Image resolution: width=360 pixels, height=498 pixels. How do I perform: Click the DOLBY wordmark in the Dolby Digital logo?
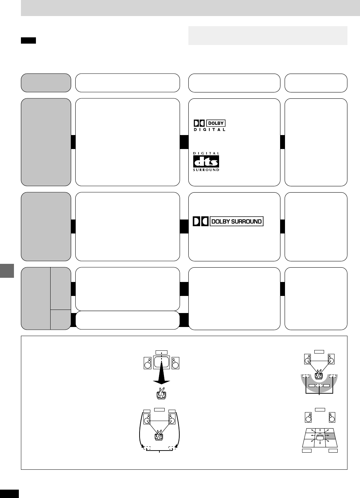click(x=216, y=123)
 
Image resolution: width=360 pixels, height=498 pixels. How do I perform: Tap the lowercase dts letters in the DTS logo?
click(x=206, y=161)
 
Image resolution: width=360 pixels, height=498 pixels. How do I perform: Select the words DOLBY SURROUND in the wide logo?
click(x=237, y=222)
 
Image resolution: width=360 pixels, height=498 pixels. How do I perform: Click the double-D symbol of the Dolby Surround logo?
click(x=200, y=222)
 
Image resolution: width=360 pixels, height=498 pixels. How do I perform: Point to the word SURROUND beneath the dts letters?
click(x=206, y=170)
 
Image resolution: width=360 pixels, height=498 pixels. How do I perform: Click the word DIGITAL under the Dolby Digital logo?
click(x=209, y=129)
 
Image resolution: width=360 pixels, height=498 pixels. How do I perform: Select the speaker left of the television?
click(x=148, y=363)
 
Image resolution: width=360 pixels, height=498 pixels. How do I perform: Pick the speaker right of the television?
click(x=175, y=363)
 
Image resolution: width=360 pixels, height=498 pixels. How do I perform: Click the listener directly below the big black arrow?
click(x=162, y=394)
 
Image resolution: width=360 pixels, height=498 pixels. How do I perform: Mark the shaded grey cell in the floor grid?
click(x=330, y=436)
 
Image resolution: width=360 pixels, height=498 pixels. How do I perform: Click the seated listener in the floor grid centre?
click(x=320, y=436)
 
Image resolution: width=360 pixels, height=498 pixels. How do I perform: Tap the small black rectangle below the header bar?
click(x=28, y=41)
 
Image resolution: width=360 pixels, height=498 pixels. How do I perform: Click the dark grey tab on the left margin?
click(x=7, y=270)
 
